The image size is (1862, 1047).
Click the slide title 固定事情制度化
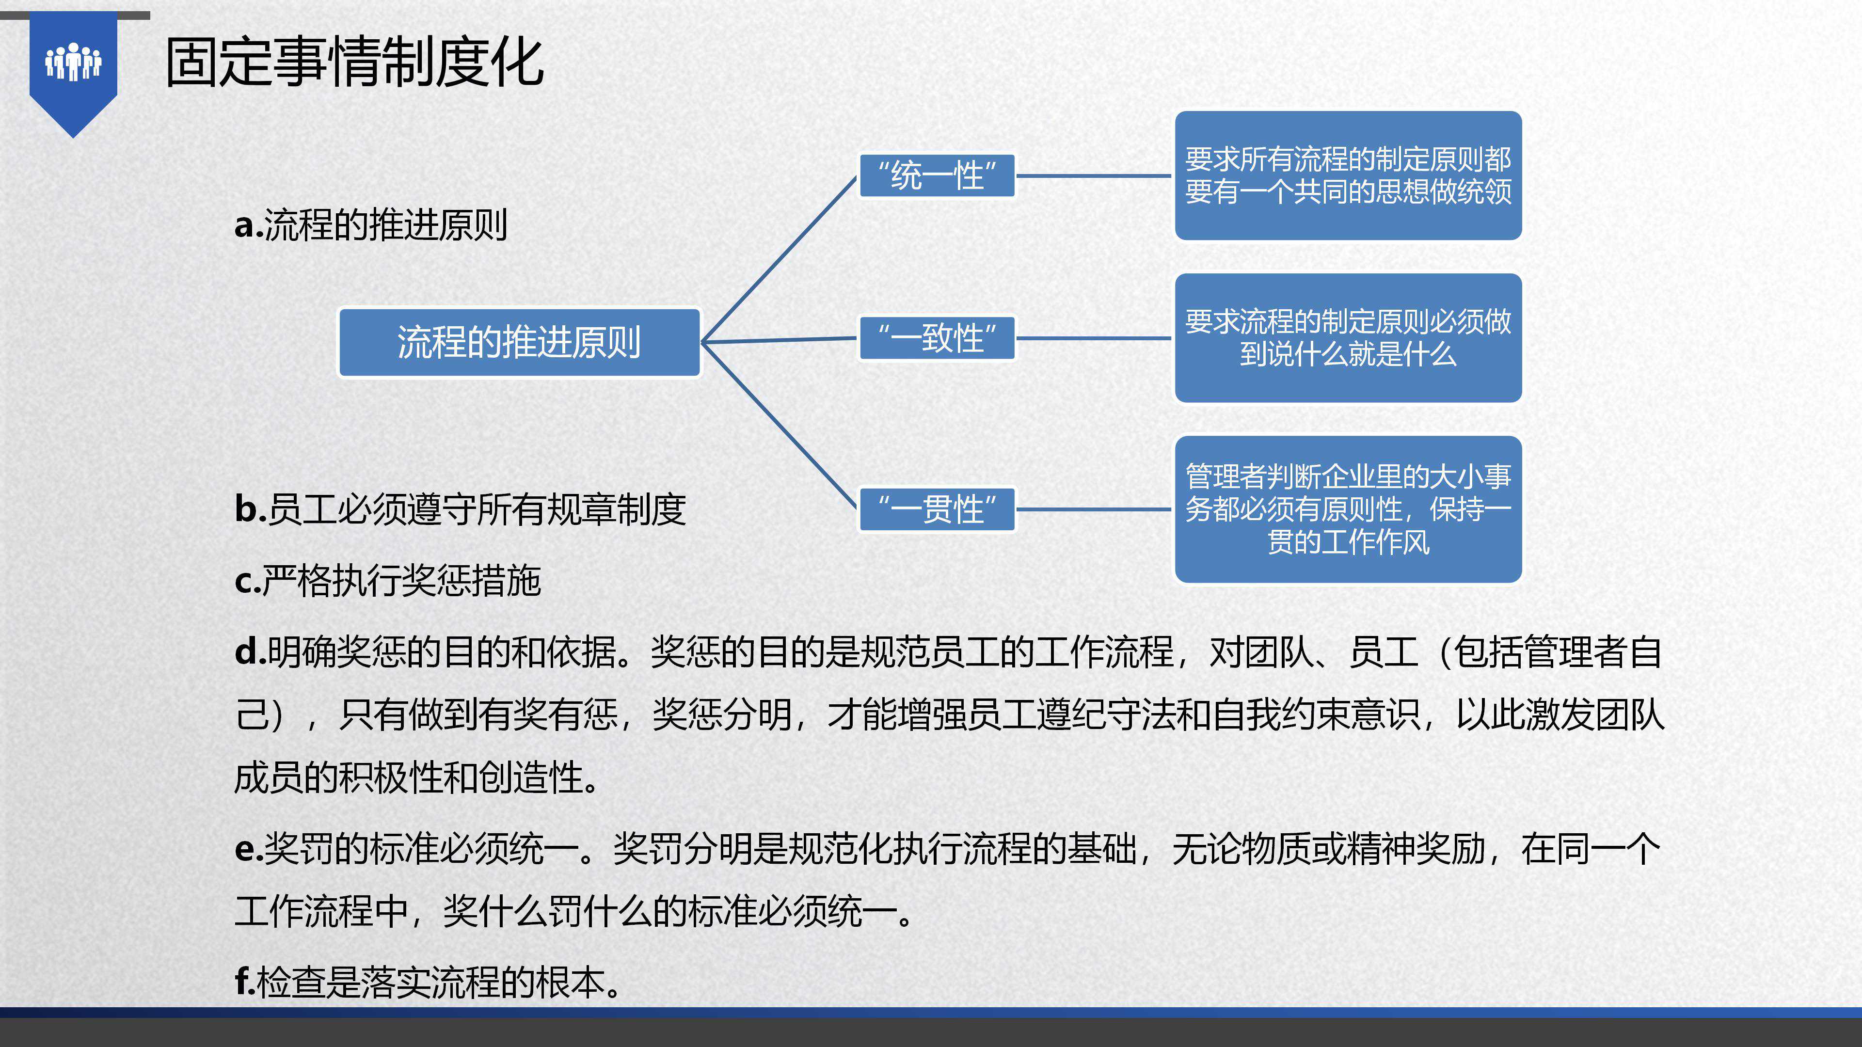pyautogui.click(x=354, y=63)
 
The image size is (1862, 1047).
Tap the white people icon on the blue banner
pyautogui.click(x=73, y=62)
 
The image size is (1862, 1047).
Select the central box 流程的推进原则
pyautogui.click(x=519, y=343)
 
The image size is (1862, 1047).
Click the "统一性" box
pyautogui.click(x=937, y=175)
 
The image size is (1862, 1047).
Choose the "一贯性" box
pyautogui.click(x=937, y=509)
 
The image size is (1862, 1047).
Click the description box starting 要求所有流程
pyautogui.click(x=1348, y=175)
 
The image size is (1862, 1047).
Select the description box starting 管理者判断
pyautogui.click(x=1348, y=509)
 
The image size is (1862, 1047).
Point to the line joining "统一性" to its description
pyautogui.click(x=1094, y=175)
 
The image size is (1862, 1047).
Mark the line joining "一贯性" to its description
pyautogui.click(x=1094, y=509)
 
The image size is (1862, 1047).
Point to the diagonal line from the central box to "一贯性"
pyautogui.click(x=779, y=426)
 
